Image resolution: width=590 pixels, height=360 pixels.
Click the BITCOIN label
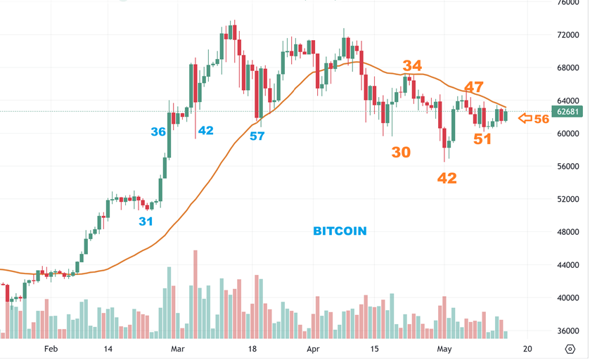(340, 231)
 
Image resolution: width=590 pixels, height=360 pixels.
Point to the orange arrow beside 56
(525, 119)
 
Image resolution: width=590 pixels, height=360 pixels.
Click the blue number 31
(146, 221)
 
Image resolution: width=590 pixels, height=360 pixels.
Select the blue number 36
(158, 131)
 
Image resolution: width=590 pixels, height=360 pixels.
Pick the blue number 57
(257, 136)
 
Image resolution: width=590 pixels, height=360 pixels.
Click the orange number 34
(412, 66)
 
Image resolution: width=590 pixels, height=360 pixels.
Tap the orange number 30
(401, 152)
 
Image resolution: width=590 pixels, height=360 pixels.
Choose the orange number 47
(473, 87)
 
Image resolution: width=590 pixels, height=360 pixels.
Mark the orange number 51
(482, 139)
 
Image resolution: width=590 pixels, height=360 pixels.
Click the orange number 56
(541, 119)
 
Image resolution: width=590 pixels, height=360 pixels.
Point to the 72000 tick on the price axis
(567, 34)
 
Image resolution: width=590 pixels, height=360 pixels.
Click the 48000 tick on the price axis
(567, 232)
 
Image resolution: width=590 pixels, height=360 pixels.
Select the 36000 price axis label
(567, 330)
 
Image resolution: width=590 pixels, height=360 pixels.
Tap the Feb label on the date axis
(50, 349)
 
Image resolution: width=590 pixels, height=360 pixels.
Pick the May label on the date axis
(443, 349)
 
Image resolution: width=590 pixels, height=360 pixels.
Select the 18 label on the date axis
(252, 349)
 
